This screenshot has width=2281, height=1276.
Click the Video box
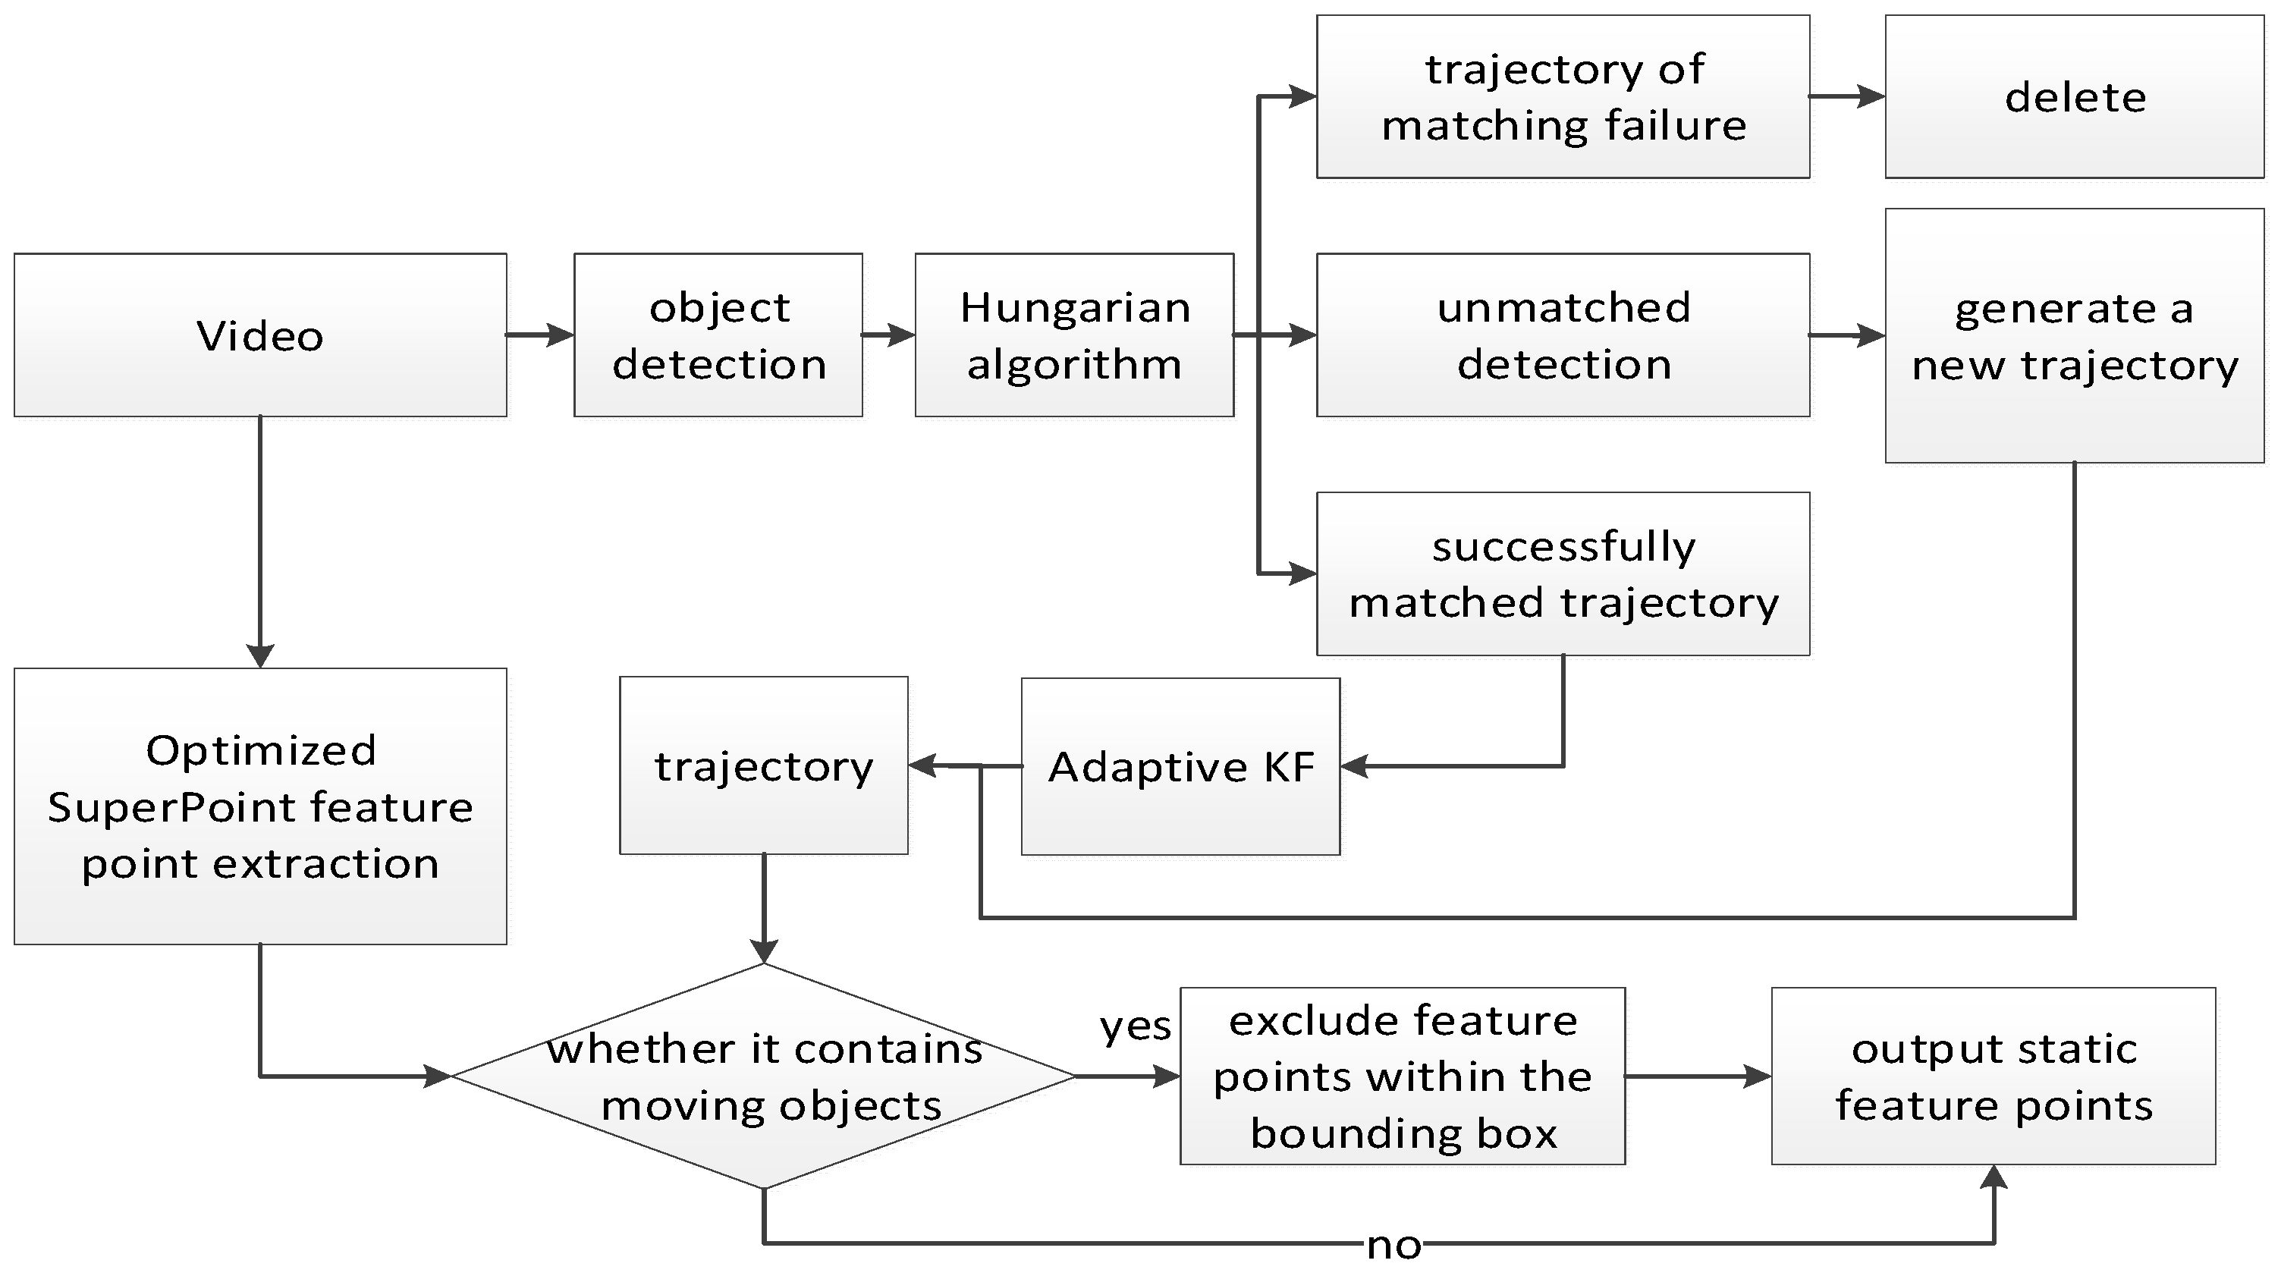(x=260, y=335)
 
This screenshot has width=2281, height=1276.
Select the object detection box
(x=718, y=335)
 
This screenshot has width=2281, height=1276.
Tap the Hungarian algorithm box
(x=1074, y=335)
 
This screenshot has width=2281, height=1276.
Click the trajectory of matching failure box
(x=1563, y=96)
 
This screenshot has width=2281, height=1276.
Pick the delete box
(x=2075, y=96)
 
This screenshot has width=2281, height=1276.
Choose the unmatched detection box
(x=1563, y=335)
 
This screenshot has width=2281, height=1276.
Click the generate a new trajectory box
(x=2075, y=335)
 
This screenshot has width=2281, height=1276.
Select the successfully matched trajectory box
(x=1563, y=574)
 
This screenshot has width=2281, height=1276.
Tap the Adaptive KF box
(x=1180, y=766)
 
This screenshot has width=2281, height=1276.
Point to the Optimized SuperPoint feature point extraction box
(x=260, y=806)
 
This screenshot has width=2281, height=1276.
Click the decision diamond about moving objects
(x=763, y=1076)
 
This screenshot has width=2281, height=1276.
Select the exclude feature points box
(x=1403, y=1076)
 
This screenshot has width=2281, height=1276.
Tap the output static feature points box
(x=1994, y=1076)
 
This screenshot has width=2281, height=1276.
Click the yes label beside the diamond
(x=1135, y=1026)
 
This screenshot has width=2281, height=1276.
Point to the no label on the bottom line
(x=1393, y=1245)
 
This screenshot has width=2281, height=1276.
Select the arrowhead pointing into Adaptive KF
(x=1355, y=766)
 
